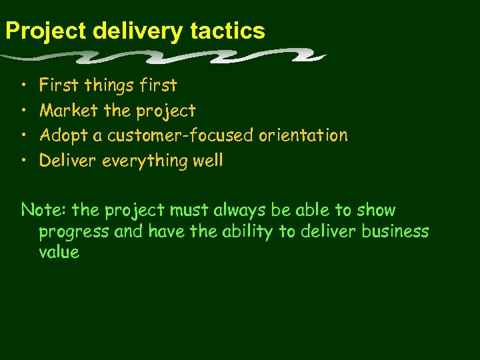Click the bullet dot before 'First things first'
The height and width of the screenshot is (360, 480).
(24, 85)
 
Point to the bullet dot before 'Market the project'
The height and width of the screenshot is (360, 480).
(24, 111)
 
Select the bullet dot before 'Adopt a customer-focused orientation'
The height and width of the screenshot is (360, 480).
(24, 136)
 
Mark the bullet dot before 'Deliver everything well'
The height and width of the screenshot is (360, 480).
(24, 161)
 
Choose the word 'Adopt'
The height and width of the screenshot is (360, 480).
(64, 136)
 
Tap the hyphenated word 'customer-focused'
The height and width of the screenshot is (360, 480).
(181, 135)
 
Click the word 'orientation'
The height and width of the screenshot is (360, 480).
(303, 135)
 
